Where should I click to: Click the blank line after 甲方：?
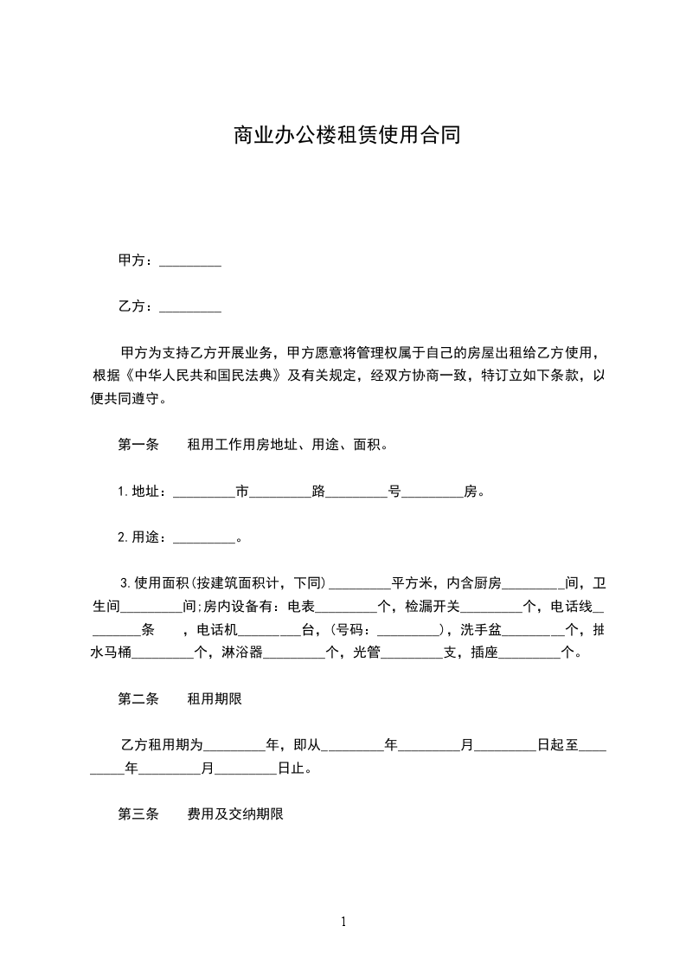pos(190,260)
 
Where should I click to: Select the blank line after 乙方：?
pos(190,306)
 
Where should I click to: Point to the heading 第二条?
pos(138,699)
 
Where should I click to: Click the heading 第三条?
pos(138,814)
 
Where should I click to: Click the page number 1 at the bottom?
pos(343,922)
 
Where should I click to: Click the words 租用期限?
pos(215,699)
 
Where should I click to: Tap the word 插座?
pos(485,653)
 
